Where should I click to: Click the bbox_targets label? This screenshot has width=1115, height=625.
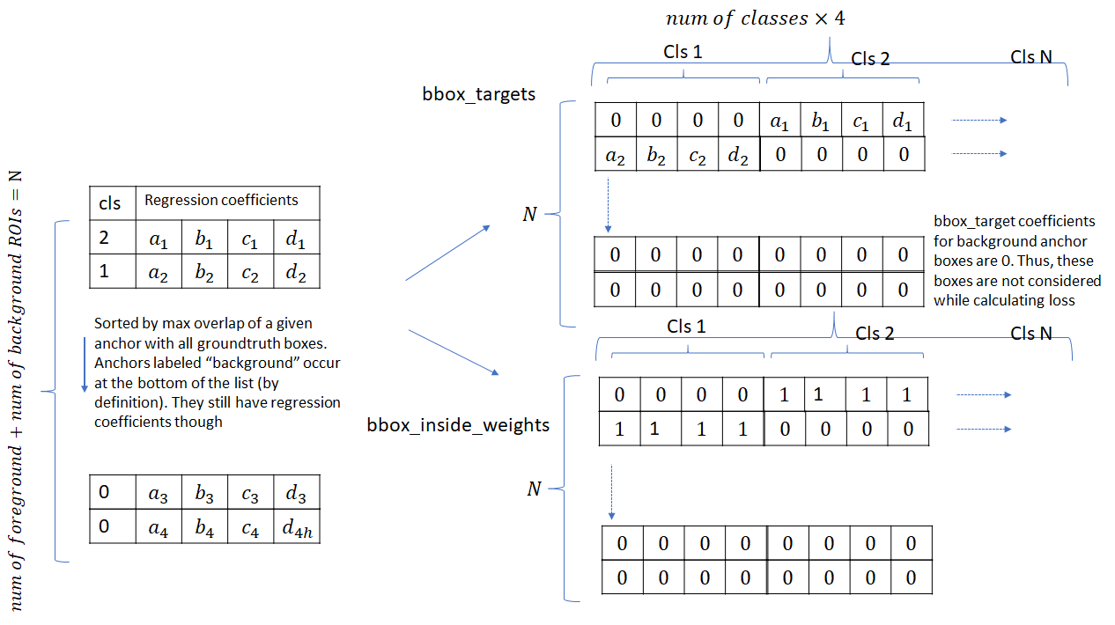coord(478,94)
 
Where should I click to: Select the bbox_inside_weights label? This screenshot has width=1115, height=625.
coord(458,425)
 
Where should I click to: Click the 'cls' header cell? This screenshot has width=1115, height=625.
coord(110,203)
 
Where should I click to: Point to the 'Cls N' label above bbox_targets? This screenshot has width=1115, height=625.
coord(1031,57)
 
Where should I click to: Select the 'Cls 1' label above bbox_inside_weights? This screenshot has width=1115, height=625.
coord(687,327)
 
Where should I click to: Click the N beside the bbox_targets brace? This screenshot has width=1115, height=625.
coord(529,214)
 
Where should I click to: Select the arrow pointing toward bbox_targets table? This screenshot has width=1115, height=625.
coord(447,253)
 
